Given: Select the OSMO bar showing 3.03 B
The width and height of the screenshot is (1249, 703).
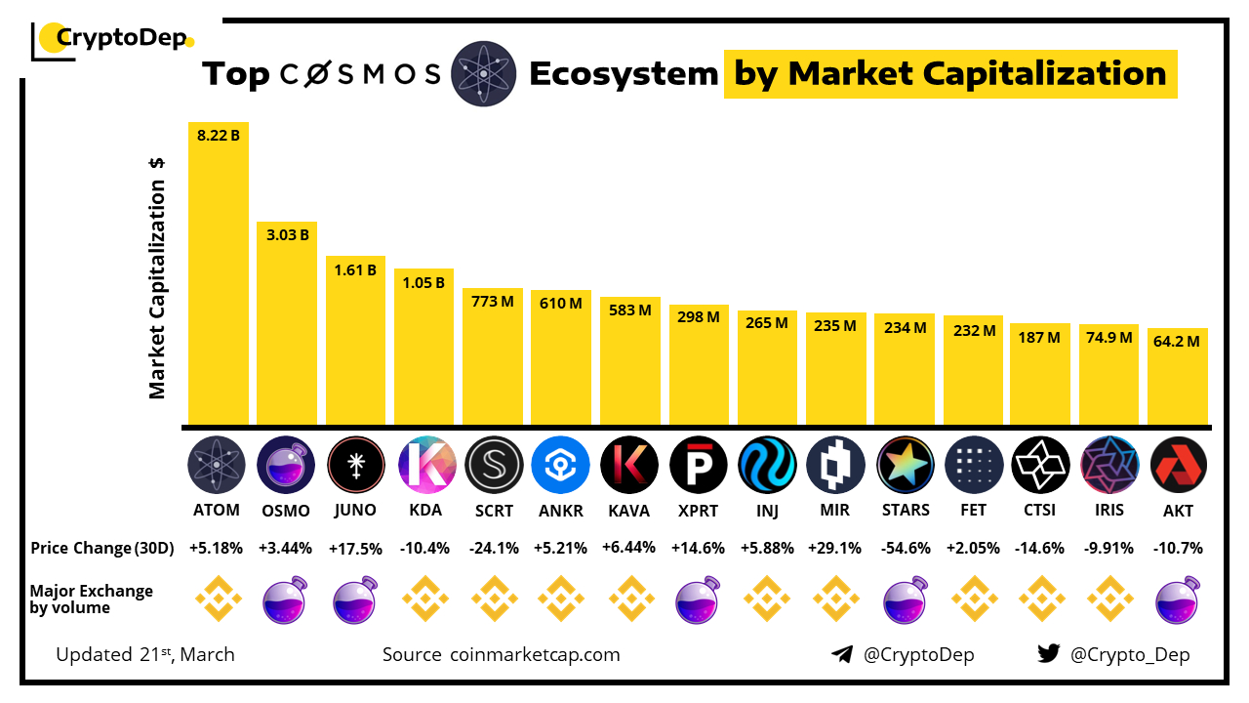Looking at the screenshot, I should (x=287, y=322).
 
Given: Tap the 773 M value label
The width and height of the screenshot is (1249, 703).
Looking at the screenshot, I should (x=493, y=303).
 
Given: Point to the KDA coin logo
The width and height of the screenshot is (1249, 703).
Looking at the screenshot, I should (x=424, y=465).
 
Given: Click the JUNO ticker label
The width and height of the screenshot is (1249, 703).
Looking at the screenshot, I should (x=355, y=510).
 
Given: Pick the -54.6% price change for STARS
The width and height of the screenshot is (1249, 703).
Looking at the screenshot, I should (x=905, y=548).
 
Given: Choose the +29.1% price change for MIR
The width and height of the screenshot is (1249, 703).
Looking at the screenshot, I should (x=836, y=548).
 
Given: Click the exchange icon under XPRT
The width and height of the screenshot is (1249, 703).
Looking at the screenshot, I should (x=699, y=599).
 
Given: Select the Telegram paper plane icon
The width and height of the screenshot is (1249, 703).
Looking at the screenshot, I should (x=842, y=654).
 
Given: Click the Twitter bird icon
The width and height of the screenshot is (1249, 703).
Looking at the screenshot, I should (x=1048, y=654).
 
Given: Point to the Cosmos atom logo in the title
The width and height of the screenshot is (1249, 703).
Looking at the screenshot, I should (x=484, y=74).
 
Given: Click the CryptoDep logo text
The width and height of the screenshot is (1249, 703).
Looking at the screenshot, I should (x=122, y=39).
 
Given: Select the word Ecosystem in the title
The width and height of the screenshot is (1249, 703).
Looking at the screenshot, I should (x=624, y=74).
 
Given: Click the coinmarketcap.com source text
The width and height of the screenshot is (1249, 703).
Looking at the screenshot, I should (x=535, y=654).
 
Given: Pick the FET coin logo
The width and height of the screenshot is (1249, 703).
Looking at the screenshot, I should (x=973, y=465).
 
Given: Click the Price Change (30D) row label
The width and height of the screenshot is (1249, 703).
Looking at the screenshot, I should (x=101, y=548).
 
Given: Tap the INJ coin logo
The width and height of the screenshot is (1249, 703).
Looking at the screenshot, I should (x=767, y=465).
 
